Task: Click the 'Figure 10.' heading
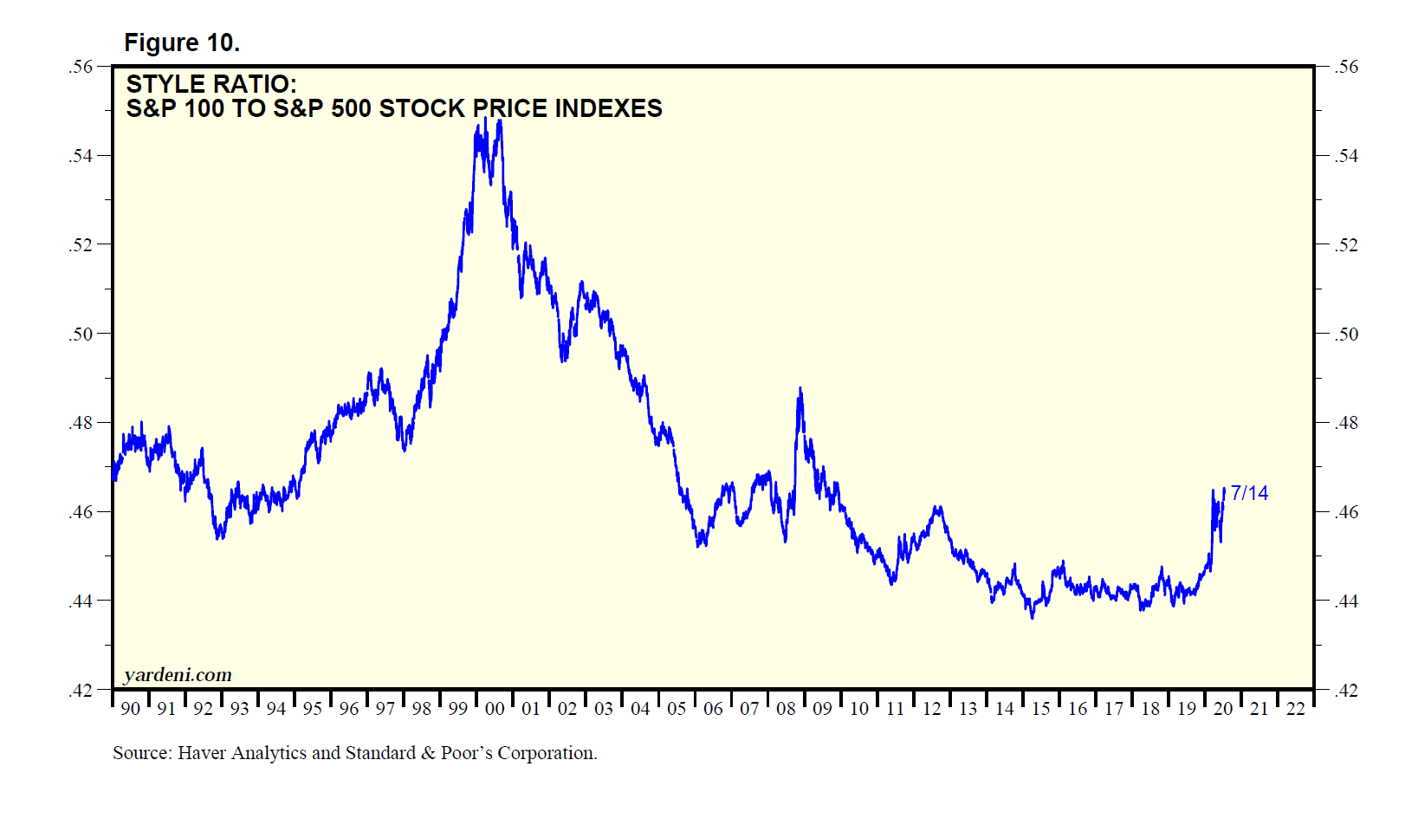click(x=182, y=42)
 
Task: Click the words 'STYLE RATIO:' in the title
click(x=211, y=84)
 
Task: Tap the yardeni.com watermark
click(x=178, y=675)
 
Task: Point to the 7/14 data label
click(x=1249, y=493)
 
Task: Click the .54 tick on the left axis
click(x=81, y=156)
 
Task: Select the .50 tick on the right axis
click(x=1345, y=335)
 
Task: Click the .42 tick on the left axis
click(x=81, y=691)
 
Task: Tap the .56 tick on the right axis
click(x=1345, y=67)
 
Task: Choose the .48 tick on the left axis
click(x=81, y=423)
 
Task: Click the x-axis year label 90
click(x=130, y=709)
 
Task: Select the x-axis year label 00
click(x=495, y=709)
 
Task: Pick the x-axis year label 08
click(x=786, y=709)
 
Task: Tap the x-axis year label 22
click(x=1295, y=709)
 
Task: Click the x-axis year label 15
click(x=1040, y=709)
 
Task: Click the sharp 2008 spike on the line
click(x=800, y=389)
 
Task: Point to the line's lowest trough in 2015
click(x=1032, y=617)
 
